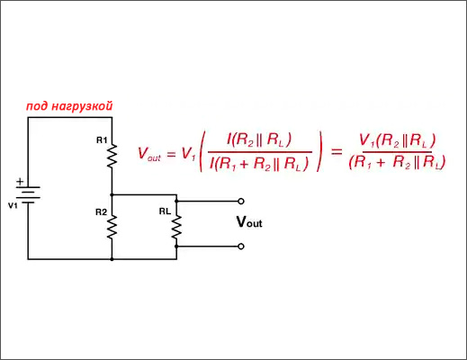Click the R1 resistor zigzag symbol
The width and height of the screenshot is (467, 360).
112,156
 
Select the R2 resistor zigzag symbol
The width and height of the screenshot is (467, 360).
112,227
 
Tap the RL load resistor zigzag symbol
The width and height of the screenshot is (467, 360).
176,227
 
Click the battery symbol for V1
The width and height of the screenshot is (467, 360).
28,195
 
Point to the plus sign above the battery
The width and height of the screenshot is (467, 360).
20,182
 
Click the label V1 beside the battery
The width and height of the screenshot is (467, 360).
13,206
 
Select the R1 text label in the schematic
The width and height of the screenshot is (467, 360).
102,140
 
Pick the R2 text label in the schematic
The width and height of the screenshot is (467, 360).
101,212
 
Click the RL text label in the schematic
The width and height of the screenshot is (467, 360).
165,211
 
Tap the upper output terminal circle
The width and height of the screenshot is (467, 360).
241,202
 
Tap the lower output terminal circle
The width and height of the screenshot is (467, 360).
241,247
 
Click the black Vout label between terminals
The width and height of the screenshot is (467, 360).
249,222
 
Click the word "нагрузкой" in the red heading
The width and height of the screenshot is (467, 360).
82,106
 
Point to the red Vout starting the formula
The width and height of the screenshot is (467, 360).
149,154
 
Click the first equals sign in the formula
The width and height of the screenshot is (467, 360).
171,154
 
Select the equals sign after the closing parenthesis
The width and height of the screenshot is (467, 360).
337,151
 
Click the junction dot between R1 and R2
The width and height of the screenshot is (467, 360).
112,195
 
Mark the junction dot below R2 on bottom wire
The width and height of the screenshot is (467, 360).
112,259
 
